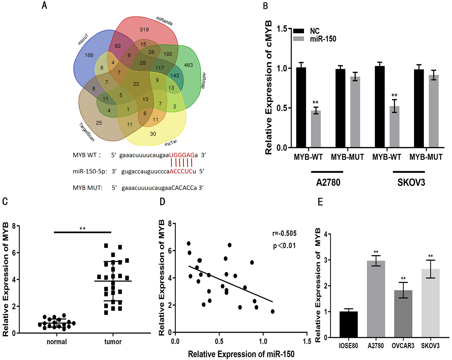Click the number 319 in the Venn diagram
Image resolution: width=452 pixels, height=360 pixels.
(144, 30)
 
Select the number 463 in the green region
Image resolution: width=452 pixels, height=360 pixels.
(188, 65)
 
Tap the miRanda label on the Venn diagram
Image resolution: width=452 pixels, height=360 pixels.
(164, 21)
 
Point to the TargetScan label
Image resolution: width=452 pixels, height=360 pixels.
(87, 132)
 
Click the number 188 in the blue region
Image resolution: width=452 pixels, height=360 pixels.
(89, 55)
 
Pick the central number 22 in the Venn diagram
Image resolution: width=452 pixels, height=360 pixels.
(136, 84)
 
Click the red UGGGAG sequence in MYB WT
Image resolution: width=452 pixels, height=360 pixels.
(182, 155)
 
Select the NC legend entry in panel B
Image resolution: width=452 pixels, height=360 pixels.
(315, 31)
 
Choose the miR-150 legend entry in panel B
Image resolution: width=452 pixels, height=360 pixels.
(323, 39)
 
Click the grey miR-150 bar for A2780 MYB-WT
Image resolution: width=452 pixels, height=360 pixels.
(316, 129)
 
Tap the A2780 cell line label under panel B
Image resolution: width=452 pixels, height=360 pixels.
(328, 182)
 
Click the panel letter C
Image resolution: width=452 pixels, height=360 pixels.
(5, 202)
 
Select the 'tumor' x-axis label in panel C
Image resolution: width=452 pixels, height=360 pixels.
(113, 342)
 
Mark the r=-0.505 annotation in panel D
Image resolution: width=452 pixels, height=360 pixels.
(284, 233)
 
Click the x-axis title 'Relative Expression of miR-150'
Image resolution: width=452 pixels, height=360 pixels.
(241, 354)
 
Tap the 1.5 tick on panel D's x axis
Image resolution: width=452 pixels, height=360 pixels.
(306, 341)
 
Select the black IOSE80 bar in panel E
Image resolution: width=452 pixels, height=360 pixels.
(348, 324)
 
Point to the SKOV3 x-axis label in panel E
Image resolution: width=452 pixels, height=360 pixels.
(430, 346)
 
